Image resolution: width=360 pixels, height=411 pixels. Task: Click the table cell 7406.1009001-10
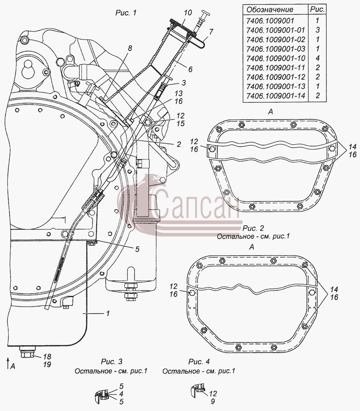pos(276,58)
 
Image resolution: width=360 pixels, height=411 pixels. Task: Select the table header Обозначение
pos(270,10)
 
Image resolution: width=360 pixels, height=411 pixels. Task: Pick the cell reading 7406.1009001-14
pos(276,96)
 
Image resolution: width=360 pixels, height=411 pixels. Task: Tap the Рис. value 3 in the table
pos(318,30)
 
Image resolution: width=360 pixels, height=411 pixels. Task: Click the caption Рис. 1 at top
pos(126,13)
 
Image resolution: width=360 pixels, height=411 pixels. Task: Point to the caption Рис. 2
pos(253,228)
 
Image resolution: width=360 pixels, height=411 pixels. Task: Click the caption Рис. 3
pos(112,362)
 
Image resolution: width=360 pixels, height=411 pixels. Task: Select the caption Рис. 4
pos(199,362)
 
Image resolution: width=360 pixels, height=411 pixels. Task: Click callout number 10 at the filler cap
pos(188,13)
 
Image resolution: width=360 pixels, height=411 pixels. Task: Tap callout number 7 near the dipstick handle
pos(211,32)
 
